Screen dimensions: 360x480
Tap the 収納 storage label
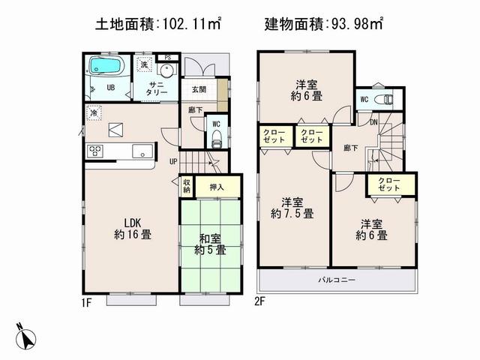[186, 185]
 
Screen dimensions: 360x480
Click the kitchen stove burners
[96, 151]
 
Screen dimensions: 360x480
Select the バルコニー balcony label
[340, 280]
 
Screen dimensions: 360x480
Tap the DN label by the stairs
[372, 122]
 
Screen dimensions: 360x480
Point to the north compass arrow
[27, 337]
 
